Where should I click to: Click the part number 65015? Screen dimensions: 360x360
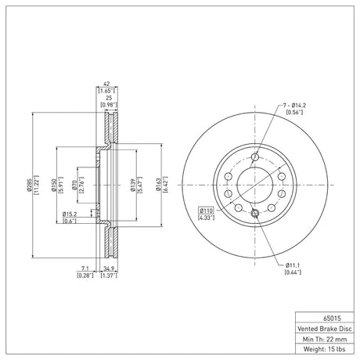coord(332,319)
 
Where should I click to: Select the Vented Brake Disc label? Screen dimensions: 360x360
coord(325,329)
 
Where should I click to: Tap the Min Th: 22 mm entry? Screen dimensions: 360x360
coord(325,339)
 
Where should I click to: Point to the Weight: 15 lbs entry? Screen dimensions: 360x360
coord(325,349)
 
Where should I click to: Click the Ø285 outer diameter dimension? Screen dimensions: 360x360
coord(29,185)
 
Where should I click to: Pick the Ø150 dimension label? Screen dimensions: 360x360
coord(54,185)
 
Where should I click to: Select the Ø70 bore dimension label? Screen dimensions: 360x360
coord(74,185)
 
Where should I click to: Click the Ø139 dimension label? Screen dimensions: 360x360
coord(133,185)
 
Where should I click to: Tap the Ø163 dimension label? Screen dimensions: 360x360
coord(159,185)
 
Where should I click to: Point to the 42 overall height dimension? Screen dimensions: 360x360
coord(106,84)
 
